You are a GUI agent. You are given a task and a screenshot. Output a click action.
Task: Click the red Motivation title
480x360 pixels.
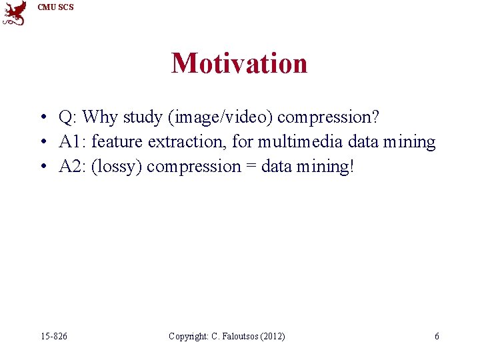tap(239, 64)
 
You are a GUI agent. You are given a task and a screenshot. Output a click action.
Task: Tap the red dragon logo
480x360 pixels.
tap(15, 12)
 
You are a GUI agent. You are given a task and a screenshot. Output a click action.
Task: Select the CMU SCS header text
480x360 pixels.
tap(56, 7)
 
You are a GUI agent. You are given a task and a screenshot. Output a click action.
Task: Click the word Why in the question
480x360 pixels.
tap(100, 117)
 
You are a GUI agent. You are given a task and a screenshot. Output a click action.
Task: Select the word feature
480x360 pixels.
tap(117, 142)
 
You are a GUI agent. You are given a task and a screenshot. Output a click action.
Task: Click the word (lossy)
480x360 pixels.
tap(116, 166)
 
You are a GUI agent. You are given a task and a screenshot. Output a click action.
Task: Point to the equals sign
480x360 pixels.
tap(250, 166)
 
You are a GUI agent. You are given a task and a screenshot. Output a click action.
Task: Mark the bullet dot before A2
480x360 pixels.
tap(42, 167)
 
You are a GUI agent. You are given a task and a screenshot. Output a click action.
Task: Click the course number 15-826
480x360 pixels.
tap(53, 337)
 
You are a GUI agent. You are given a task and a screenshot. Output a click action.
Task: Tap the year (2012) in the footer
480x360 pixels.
tap(272, 337)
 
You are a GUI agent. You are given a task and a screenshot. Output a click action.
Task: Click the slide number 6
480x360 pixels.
tap(437, 337)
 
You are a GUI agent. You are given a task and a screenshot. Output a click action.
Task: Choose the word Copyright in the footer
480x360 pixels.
tap(189, 337)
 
